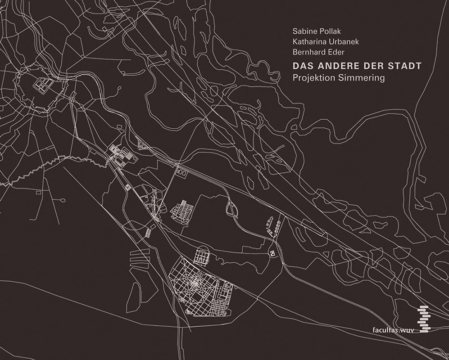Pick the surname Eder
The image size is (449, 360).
[337, 54]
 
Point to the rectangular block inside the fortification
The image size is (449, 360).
[43, 84]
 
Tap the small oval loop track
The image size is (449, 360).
[233, 208]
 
